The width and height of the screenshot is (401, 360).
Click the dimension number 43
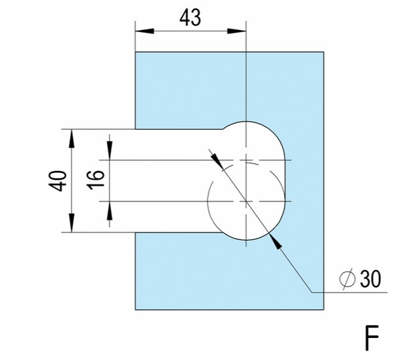(x=190, y=18)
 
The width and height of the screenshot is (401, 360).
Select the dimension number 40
(x=57, y=181)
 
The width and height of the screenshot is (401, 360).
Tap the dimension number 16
(x=96, y=180)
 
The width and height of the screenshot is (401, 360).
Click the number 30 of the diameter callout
(x=370, y=279)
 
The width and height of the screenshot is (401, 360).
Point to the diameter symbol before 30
(x=348, y=279)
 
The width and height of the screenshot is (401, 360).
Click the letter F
(x=372, y=338)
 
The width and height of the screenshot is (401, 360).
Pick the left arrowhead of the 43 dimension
(x=144, y=31)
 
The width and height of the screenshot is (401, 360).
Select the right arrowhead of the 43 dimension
(x=237, y=31)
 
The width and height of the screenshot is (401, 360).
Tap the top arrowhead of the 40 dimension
(x=72, y=138)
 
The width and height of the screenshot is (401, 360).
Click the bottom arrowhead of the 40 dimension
(x=72, y=223)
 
